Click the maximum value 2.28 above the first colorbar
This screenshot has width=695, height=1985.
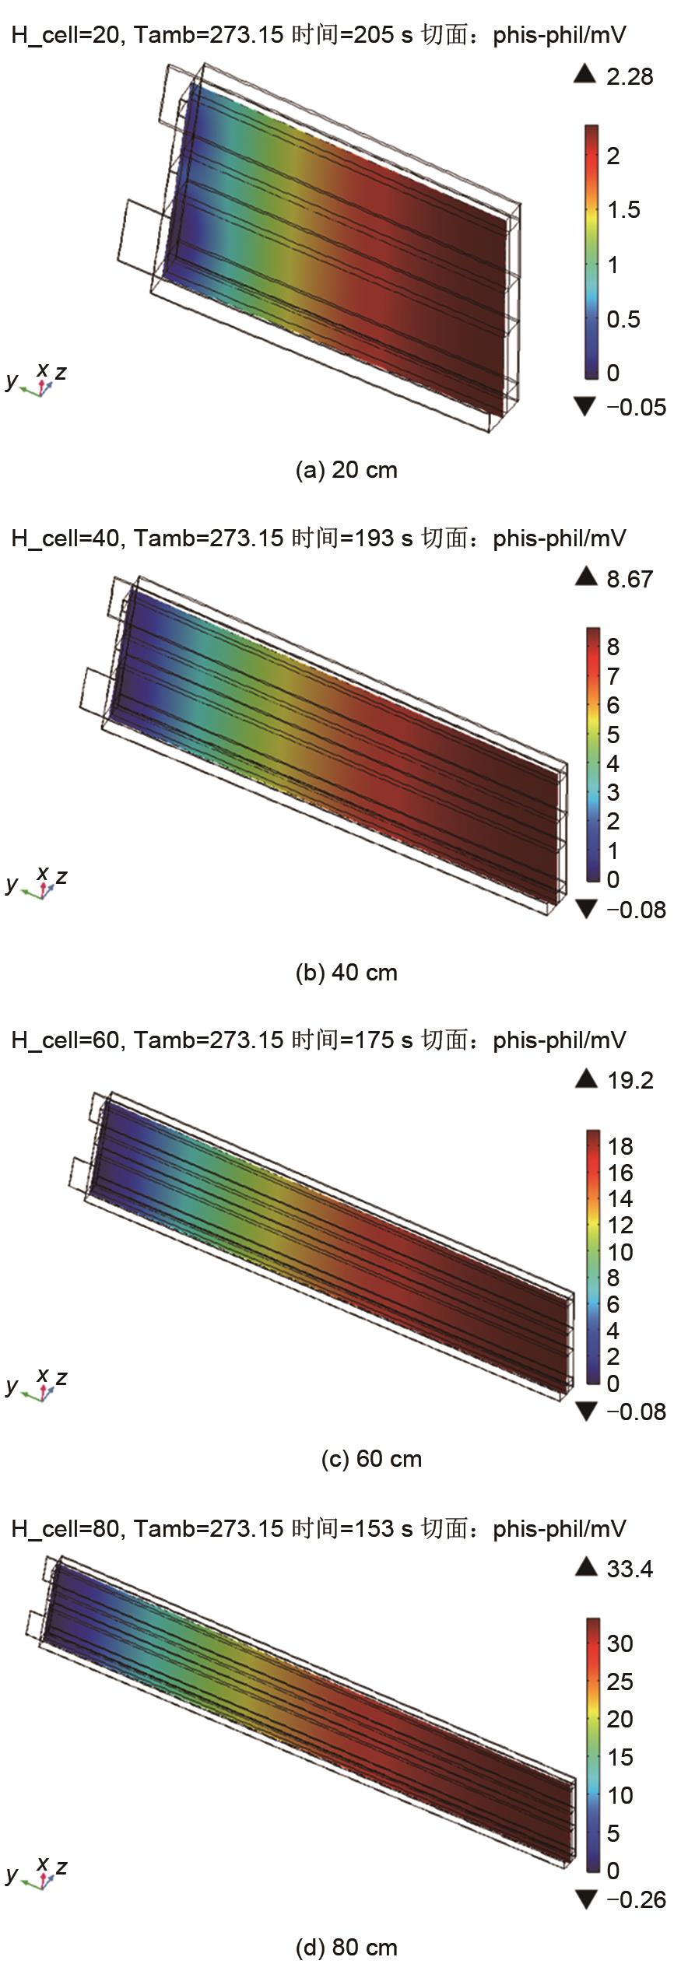[630, 77]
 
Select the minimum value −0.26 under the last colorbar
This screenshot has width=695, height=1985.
[636, 1899]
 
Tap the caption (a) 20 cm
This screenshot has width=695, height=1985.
[346, 470]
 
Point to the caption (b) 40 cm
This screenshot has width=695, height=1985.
[346, 972]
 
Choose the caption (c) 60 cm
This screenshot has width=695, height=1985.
[371, 1458]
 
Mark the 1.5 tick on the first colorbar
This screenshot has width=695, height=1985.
[623, 210]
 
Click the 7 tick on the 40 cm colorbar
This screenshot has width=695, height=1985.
[613, 675]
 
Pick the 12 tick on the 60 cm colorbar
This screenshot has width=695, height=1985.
[620, 1225]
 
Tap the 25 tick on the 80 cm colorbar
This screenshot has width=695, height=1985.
[620, 1681]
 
